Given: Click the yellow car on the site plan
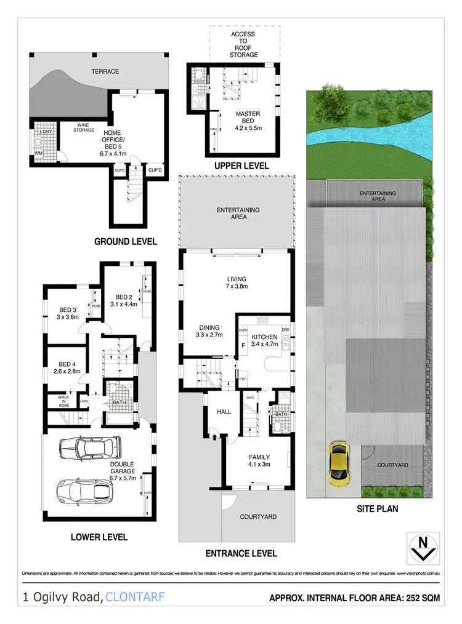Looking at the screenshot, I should click(x=338, y=462).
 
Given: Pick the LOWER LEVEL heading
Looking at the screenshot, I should click(x=100, y=537).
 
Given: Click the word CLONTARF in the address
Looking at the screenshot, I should click(x=136, y=597).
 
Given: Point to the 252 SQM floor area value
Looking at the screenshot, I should click(x=421, y=598).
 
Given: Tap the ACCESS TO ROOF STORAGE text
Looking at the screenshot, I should click(x=243, y=45).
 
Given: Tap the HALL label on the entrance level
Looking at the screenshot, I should click(x=224, y=412).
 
